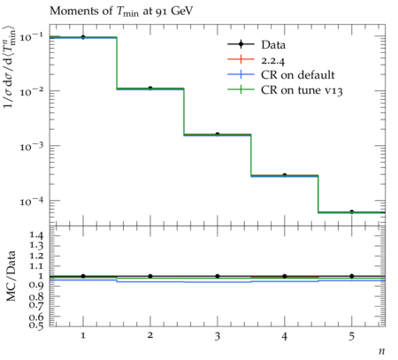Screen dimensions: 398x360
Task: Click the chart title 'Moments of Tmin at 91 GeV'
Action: pos(121,11)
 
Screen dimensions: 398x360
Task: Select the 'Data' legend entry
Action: pos(256,45)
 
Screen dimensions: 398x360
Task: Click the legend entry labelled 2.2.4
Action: pos(256,60)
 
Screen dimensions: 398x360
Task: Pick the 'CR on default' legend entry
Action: pos(281,75)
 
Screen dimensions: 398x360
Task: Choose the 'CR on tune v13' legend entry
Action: pos(285,90)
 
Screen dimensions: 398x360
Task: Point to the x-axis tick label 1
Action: pos(83,335)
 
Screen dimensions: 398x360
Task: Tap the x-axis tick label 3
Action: pos(218,336)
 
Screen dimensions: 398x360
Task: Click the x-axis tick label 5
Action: pos(351,336)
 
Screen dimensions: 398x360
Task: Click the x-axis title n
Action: pos(382,351)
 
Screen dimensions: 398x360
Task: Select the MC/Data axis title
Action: pos(11,276)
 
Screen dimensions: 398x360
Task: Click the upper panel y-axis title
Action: pos(9,67)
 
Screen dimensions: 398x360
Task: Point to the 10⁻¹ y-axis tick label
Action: pos(31,37)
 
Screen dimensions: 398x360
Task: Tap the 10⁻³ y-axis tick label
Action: pos(31,146)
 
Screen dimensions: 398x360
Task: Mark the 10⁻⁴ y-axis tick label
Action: pos(31,201)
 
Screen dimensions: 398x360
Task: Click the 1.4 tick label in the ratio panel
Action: pos(37,235)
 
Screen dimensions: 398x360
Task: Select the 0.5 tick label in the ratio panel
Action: pos(37,325)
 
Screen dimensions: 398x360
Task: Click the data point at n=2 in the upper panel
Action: pos(150,88)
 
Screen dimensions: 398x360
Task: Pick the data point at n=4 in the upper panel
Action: pos(285,175)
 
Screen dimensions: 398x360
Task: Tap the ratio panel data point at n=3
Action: pos(218,276)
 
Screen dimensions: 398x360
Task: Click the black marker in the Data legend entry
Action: pos(241,44)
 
